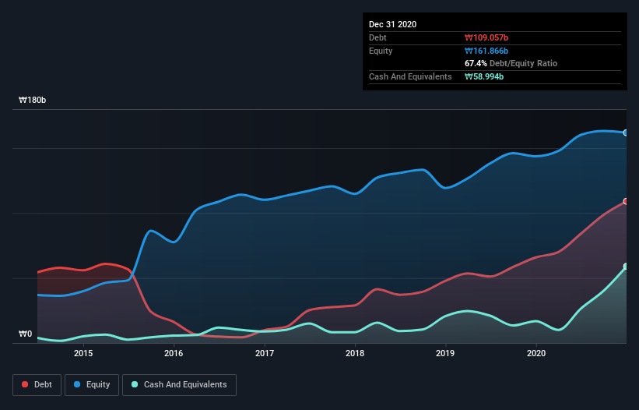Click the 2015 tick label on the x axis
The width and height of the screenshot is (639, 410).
tap(83, 353)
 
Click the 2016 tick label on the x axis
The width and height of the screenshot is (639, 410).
tap(174, 353)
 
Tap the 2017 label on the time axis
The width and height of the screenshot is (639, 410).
tap(265, 353)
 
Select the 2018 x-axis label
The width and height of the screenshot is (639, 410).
tap(355, 353)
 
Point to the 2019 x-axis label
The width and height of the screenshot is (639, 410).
tap(446, 353)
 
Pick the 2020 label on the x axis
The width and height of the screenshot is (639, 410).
tap(536, 353)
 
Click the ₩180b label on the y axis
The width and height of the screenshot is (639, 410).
tap(33, 101)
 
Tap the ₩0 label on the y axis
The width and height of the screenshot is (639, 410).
tap(26, 334)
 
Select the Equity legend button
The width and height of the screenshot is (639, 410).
tap(92, 384)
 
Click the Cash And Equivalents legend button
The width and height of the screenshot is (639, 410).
tap(179, 384)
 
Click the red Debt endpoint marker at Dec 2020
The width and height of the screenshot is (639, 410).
tap(626, 202)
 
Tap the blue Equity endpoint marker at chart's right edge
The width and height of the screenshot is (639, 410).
tap(626, 133)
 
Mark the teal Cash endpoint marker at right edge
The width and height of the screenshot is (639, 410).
tap(626, 267)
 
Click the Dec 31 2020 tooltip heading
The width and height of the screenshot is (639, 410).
tap(392, 24)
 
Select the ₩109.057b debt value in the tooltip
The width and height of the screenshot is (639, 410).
tap(486, 37)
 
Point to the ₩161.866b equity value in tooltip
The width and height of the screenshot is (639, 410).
tap(486, 51)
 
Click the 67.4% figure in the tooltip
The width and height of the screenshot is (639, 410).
tap(476, 63)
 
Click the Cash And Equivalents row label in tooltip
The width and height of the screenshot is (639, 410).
tap(410, 76)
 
